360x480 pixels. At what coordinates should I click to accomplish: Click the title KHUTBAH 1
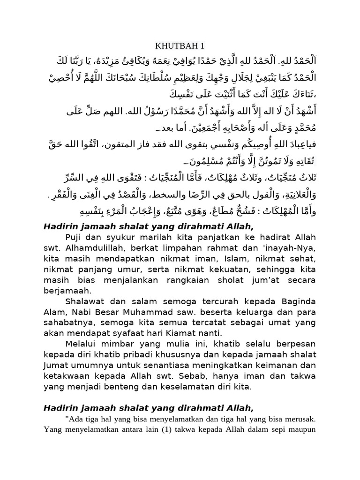180,45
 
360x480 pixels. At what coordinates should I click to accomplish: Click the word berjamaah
65,292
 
